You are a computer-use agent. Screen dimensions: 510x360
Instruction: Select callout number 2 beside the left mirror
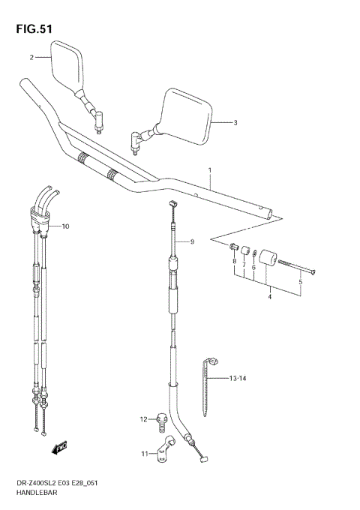click(32, 57)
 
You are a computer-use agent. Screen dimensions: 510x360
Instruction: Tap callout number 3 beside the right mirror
click(235, 122)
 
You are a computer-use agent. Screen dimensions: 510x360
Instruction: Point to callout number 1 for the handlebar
click(211, 170)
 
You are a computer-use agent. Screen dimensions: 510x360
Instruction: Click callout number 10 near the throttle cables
click(65, 226)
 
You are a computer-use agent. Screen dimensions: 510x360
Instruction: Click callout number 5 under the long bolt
click(301, 282)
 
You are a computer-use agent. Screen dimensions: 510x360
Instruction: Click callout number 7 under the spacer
click(244, 265)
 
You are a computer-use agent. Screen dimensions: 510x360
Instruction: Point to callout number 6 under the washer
click(253, 268)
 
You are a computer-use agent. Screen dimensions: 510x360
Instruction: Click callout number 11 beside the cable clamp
click(142, 454)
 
